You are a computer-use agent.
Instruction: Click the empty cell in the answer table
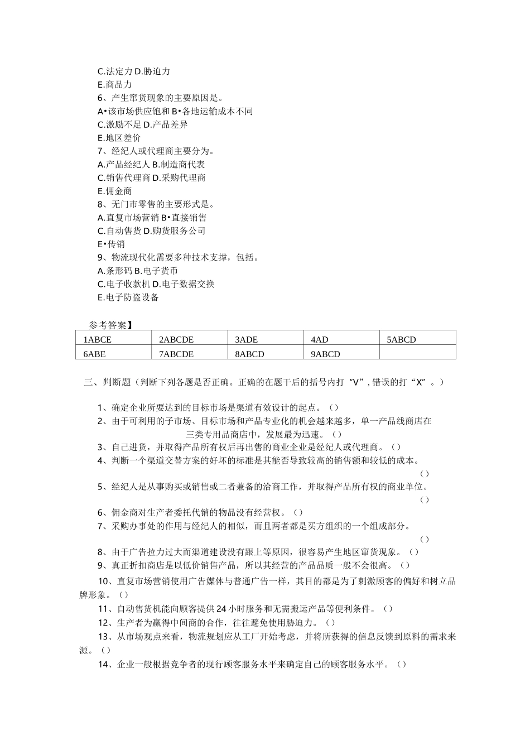point(417,353)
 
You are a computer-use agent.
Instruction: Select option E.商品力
point(115,85)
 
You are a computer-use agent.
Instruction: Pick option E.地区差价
point(119,138)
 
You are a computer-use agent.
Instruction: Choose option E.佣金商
point(115,191)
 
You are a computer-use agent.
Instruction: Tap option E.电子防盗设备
point(128,297)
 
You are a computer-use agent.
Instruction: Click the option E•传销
point(112,244)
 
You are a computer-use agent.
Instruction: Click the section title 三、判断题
point(107,382)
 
